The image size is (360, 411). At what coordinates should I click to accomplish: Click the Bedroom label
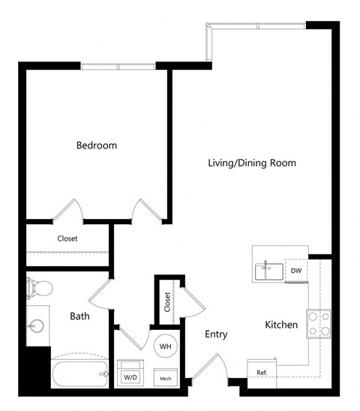coord(97,145)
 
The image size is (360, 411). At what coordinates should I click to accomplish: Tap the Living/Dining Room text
coord(252,163)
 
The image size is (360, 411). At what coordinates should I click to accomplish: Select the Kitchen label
coord(281,325)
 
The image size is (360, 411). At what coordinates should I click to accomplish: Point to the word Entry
coord(215,334)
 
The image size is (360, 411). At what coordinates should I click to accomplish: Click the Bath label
coord(80,316)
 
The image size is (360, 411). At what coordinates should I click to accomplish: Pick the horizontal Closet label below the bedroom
coord(67,239)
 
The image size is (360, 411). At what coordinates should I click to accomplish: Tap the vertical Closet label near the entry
coord(166,301)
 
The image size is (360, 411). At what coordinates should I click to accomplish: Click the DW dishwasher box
coord(295,271)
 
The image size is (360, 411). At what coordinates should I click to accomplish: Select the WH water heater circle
coord(165,346)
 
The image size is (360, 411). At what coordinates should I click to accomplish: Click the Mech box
coord(165,377)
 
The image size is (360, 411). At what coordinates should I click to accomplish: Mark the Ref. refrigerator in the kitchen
coord(262,372)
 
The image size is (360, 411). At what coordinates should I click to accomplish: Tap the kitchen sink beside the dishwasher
coord(268,271)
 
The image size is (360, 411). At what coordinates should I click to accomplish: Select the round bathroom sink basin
coord(37,326)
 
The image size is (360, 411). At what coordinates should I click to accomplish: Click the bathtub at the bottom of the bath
coord(79,374)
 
